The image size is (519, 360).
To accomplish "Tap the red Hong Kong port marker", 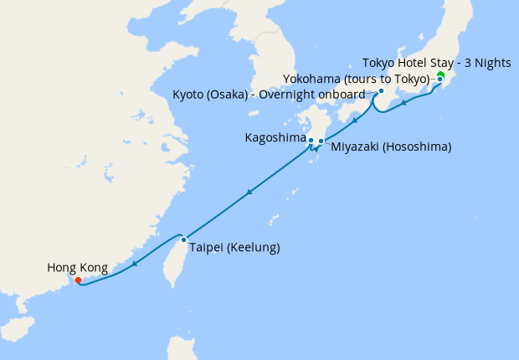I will point(78,280).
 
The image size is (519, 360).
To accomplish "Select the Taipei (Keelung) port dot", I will point(183,240).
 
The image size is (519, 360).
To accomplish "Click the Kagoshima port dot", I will point(311,140).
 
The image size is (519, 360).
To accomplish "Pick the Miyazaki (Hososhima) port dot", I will point(321,141).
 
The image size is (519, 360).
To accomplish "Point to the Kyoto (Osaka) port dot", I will point(381,91).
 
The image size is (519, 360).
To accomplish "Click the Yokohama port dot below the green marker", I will point(440,80).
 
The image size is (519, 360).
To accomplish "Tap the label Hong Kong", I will point(77,268).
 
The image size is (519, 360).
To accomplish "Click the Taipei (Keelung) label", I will point(234,248).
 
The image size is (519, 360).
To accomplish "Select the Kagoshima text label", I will point(274,136).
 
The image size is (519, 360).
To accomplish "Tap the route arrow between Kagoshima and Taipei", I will point(249,194).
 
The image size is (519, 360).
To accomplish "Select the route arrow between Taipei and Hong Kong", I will point(135,265).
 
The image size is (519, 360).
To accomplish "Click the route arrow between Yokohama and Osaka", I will point(404,104).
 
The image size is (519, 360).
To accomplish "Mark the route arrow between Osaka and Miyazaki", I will point(354,121).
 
